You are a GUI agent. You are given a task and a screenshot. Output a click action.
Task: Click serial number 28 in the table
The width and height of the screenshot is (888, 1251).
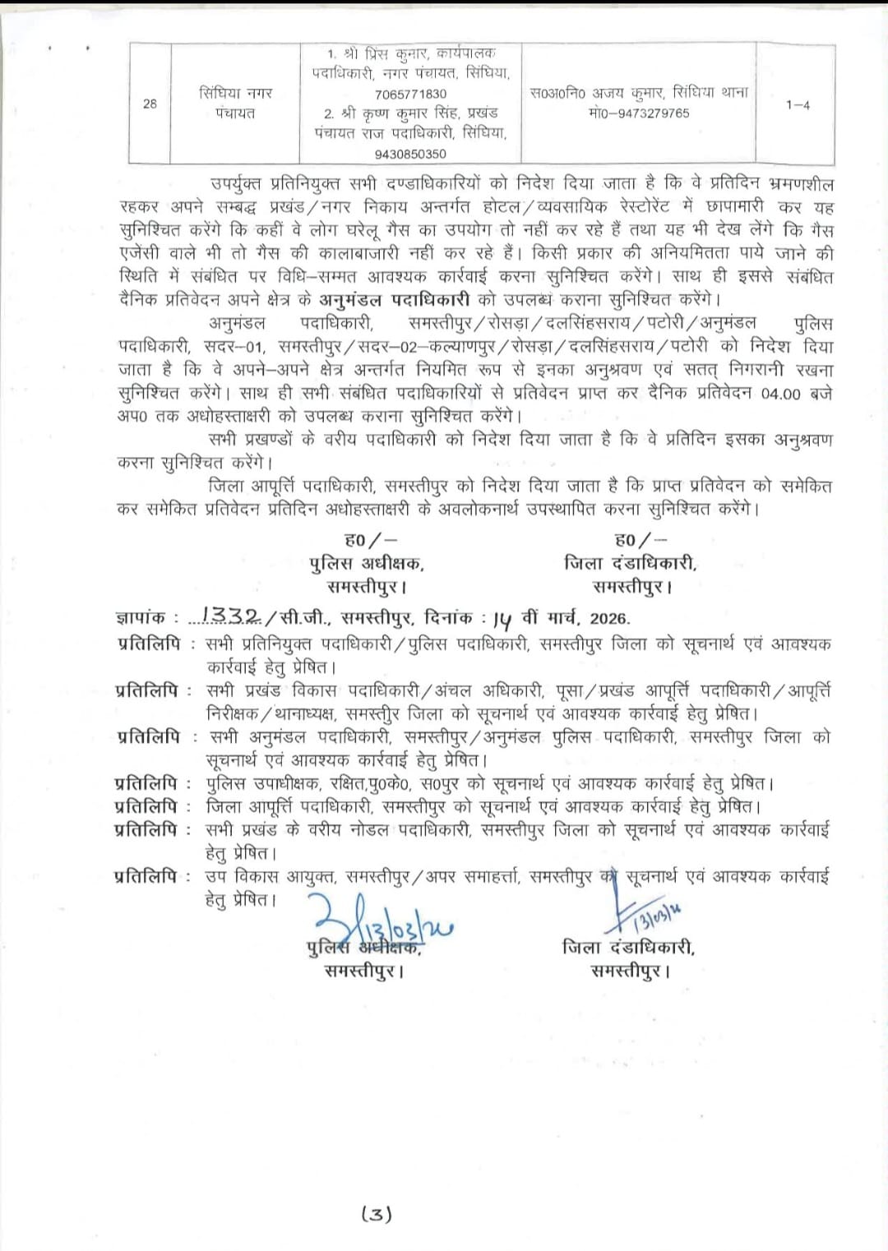pos(150,104)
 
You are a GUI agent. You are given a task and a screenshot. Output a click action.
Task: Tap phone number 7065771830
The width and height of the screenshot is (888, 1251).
pos(410,94)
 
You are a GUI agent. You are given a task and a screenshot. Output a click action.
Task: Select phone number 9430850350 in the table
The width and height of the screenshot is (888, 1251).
pos(410,154)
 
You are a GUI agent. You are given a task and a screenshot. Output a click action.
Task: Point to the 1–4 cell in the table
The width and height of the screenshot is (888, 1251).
pos(797,104)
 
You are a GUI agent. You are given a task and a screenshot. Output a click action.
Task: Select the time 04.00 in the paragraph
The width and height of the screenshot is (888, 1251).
pos(780,393)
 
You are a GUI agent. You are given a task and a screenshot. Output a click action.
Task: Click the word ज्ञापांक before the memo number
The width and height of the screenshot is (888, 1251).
pos(141,617)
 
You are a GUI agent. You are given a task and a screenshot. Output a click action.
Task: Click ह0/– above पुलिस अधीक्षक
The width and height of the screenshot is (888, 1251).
pos(370,540)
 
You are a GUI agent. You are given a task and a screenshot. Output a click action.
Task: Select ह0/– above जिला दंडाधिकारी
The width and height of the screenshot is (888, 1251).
pos(641,540)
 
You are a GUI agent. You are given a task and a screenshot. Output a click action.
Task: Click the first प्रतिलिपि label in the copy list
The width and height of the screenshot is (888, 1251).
pos(149,644)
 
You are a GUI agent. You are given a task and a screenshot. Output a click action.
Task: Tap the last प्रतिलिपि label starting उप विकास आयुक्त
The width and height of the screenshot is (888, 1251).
pos(147,876)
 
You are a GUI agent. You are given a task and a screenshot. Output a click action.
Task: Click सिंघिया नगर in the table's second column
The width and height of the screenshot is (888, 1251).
pos(235,93)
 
